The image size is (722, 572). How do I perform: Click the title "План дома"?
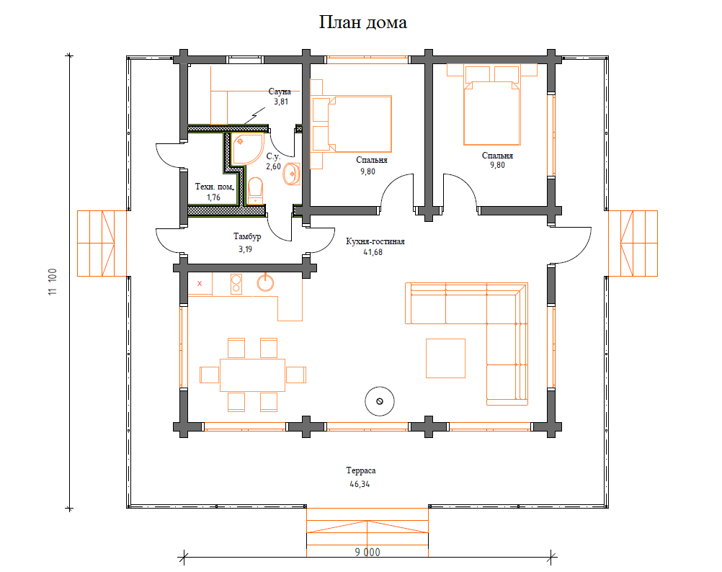tap(363, 22)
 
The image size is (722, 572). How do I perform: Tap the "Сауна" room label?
tap(280, 91)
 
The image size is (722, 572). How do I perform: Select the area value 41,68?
tap(373, 252)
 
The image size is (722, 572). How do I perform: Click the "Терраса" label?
tap(360, 470)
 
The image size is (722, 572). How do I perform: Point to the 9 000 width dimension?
tap(367, 553)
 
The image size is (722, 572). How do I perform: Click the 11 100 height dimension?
tap(53, 282)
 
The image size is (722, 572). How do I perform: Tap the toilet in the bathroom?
tap(256, 191)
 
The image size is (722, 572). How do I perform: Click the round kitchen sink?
tap(265, 282)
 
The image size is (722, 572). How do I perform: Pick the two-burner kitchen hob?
tap(236, 283)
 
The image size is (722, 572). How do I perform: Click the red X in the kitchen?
tap(200, 283)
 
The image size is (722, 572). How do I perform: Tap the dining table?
tap(252, 375)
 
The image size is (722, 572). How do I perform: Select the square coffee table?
tap(445, 358)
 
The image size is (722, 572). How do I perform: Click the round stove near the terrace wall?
tap(380, 401)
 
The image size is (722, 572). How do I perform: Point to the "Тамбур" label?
tap(247, 236)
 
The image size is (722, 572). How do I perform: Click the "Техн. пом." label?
tap(215, 187)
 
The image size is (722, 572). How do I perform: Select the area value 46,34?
tap(360, 484)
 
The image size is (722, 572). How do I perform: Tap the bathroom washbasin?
tap(292, 174)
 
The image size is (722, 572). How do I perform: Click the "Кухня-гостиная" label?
tap(375, 241)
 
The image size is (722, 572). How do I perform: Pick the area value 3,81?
tap(281, 102)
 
